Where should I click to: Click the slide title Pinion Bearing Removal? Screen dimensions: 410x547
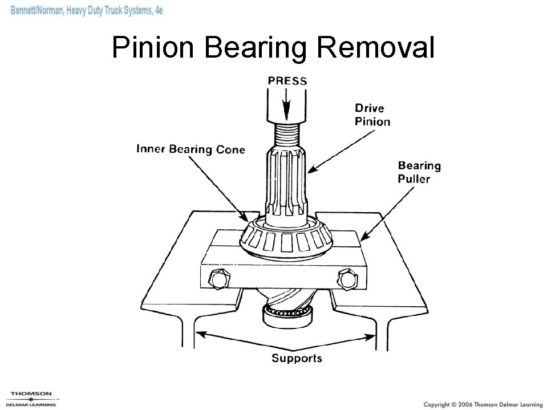[x=273, y=48]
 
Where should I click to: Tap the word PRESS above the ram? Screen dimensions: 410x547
[x=287, y=81]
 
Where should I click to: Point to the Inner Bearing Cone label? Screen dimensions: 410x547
[x=191, y=150]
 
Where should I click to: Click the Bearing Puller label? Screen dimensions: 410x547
[x=419, y=172]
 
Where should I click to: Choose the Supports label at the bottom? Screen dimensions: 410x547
[x=297, y=359]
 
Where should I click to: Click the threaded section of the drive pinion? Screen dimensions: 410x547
[x=287, y=135]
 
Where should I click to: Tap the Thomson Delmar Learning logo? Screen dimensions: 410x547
[x=32, y=399]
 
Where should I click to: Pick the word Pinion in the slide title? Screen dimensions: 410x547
[x=153, y=48]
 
